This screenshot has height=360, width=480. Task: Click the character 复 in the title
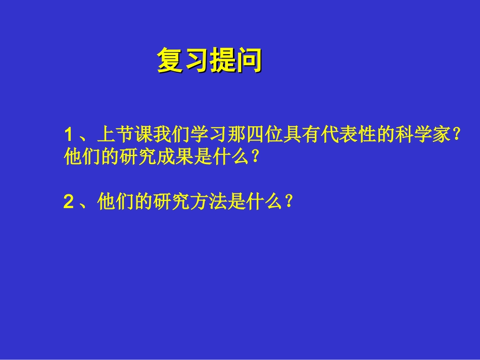(x=170, y=61)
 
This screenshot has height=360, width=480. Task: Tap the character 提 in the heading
(x=223, y=61)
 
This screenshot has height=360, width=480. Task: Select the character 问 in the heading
(x=249, y=61)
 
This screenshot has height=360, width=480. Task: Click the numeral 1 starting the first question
(x=69, y=135)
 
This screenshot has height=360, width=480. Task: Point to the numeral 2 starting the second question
(x=69, y=202)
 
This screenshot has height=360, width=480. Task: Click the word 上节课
(x=120, y=135)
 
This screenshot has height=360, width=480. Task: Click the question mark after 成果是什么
(x=255, y=158)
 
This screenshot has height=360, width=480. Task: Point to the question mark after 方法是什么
(x=288, y=202)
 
